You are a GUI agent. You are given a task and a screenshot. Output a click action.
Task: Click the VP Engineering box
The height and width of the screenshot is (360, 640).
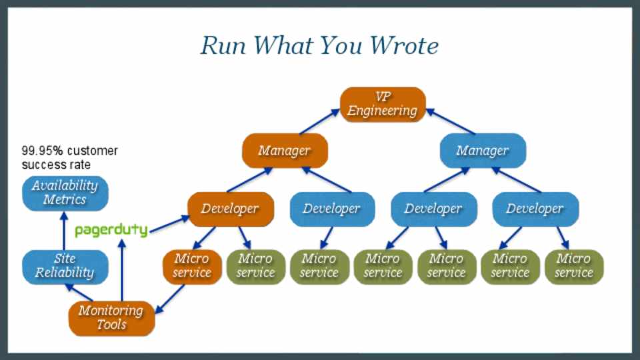pos(383,104)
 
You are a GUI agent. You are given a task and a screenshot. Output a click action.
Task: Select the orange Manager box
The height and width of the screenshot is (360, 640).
pos(285,151)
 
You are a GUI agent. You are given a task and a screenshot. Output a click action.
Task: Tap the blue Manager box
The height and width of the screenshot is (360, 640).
pos(483,151)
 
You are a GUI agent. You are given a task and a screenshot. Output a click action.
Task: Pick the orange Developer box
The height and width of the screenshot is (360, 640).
pos(230,209)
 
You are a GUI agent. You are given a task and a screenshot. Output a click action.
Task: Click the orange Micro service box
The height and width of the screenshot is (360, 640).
pos(191,265)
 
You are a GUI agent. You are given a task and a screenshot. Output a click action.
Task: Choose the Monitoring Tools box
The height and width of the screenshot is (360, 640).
pos(111,317)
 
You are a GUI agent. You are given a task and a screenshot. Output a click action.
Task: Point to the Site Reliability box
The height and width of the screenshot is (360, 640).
pos(64,265)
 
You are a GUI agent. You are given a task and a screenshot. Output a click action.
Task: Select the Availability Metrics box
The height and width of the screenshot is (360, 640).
pos(64,192)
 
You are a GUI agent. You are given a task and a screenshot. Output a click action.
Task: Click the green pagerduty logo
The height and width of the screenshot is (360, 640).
pos(111,230)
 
